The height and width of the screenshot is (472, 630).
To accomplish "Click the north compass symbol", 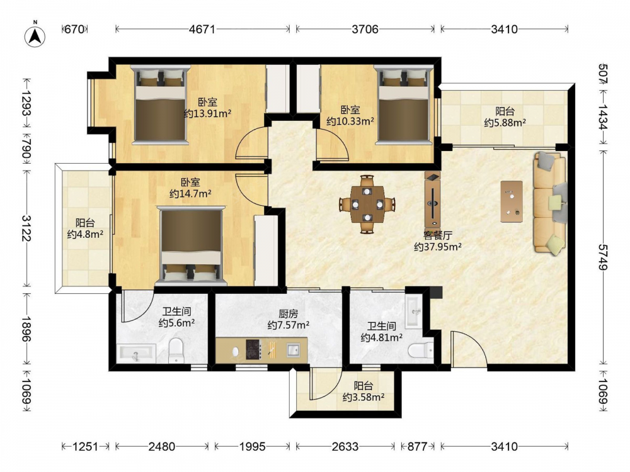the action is coord(35,37).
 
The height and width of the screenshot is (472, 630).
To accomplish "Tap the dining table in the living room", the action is coord(367,205).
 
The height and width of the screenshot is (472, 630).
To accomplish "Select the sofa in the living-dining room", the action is coord(550,203).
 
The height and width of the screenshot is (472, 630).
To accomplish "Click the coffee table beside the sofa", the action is coord(512,201).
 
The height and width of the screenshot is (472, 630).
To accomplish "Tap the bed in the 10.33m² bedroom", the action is coord(404,104).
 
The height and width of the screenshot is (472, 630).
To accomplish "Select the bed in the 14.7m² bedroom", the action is coord(192,244).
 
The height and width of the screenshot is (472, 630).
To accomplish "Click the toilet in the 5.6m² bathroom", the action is coord(176,350).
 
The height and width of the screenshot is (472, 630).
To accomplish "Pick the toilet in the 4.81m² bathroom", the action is coord(420,351).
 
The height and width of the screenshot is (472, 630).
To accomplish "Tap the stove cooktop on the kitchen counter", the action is coord(254,349).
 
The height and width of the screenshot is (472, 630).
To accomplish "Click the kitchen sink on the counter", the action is coord(292,350).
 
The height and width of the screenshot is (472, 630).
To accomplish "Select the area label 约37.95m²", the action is coord(438,247).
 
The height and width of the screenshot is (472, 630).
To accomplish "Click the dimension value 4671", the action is coord(202,30).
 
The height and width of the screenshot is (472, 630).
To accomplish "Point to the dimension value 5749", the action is coord(603,257).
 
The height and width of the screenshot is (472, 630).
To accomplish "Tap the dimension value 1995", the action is coord(253,446).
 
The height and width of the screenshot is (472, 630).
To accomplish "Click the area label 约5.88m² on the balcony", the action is coord(505,123).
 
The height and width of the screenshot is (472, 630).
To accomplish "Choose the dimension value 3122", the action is coord(26,228).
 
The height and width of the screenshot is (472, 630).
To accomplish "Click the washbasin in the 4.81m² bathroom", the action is coord(414,312).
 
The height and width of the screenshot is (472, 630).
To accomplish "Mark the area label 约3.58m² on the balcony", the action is coord(364,397).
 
